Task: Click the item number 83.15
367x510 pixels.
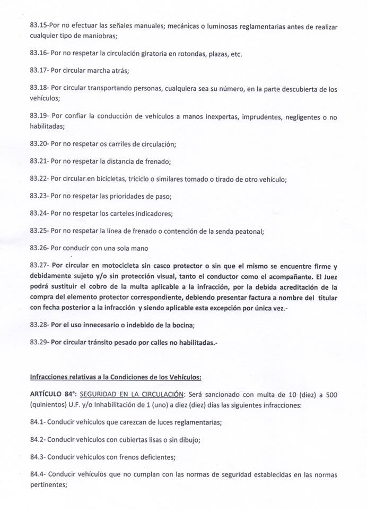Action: (39, 26)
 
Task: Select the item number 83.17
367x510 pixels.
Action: (39, 71)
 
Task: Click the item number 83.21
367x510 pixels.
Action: (39, 161)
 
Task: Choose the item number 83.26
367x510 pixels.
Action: (39, 248)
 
